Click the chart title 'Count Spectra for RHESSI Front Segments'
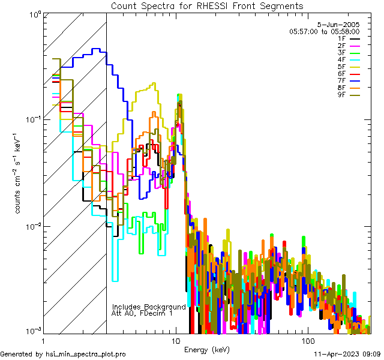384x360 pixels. point(207,5)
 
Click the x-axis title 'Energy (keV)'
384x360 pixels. point(207,349)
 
